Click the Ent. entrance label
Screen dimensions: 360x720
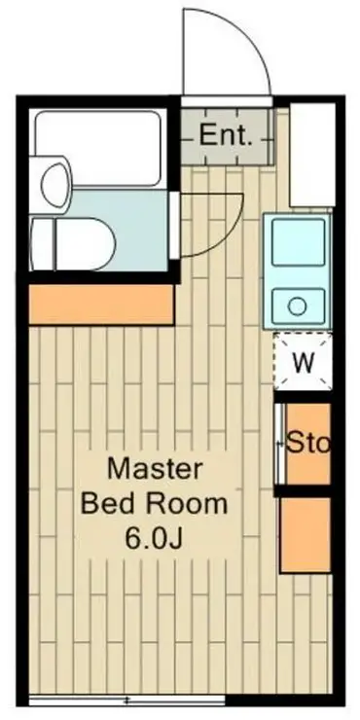point(226,135)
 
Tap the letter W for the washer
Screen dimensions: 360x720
point(304,362)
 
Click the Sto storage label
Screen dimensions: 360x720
point(308,443)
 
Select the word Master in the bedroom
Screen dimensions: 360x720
point(155,469)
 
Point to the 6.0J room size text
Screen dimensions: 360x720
point(155,540)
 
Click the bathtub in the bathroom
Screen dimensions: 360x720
point(97,148)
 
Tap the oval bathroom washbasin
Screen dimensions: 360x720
point(56,185)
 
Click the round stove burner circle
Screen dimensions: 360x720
point(298,306)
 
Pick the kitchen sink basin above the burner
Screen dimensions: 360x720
point(298,242)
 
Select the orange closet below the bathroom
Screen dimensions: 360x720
point(101,305)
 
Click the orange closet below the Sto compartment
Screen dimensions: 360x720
point(306,535)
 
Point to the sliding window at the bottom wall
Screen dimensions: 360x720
point(126,701)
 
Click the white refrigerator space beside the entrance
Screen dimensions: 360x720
point(312,155)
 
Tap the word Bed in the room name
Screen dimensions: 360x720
point(105,504)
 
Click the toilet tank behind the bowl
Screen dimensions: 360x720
point(42,243)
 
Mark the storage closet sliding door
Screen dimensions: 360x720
point(279,444)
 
